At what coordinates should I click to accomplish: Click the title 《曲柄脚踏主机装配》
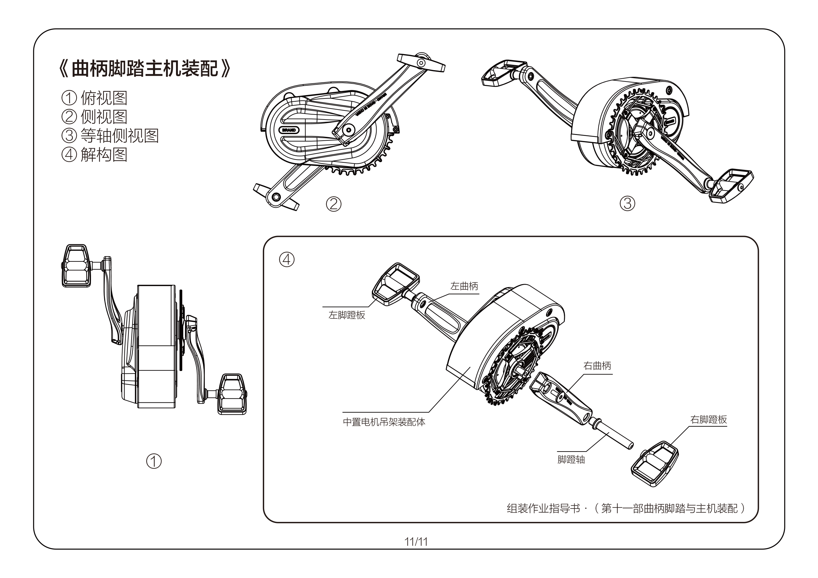click(x=144, y=68)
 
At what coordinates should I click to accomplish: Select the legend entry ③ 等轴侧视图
click(x=111, y=136)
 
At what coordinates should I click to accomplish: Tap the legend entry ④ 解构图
click(x=95, y=154)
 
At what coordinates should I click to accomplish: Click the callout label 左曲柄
click(x=464, y=286)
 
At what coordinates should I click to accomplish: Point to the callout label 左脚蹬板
click(x=347, y=315)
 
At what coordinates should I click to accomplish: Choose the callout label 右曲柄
click(x=597, y=366)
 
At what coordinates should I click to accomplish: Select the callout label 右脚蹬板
click(x=708, y=420)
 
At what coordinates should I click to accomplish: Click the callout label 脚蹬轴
click(x=571, y=460)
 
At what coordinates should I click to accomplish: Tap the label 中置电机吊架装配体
click(x=384, y=422)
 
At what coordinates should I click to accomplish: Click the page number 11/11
click(x=416, y=542)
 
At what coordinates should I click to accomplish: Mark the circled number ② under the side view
click(x=333, y=204)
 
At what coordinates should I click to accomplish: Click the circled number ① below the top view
click(x=154, y=461)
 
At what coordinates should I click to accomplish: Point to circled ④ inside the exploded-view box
click(x=287, y=260)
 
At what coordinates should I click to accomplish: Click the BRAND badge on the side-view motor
click(x=289, y=130)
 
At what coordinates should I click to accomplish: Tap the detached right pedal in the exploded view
click(x=655, y=464)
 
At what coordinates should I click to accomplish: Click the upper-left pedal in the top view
click(x=76, y=266)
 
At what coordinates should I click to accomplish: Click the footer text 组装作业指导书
click(x=543, y=508)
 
